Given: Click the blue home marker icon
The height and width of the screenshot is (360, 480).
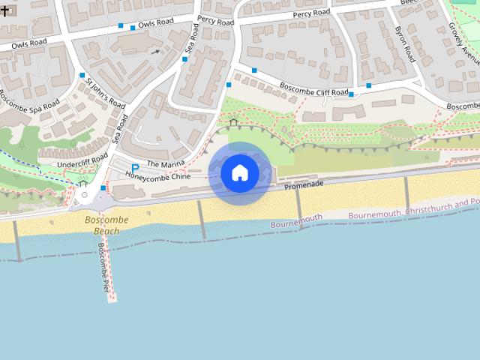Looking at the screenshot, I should (239, 173).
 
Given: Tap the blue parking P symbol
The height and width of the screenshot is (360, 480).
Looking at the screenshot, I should (135, 168).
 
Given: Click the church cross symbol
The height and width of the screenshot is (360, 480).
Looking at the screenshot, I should (4, 12).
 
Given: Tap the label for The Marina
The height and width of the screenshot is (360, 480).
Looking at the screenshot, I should (164, 163).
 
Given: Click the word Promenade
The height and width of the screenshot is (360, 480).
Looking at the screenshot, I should (304, 184).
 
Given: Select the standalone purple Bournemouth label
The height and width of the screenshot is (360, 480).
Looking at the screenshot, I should (296, 221).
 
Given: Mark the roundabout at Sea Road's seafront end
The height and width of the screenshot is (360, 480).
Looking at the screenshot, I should (84, 195).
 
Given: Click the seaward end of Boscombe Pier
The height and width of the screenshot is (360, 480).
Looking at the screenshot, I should (112, 297).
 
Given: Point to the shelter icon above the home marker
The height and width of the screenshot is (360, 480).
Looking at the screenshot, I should (233, 122).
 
